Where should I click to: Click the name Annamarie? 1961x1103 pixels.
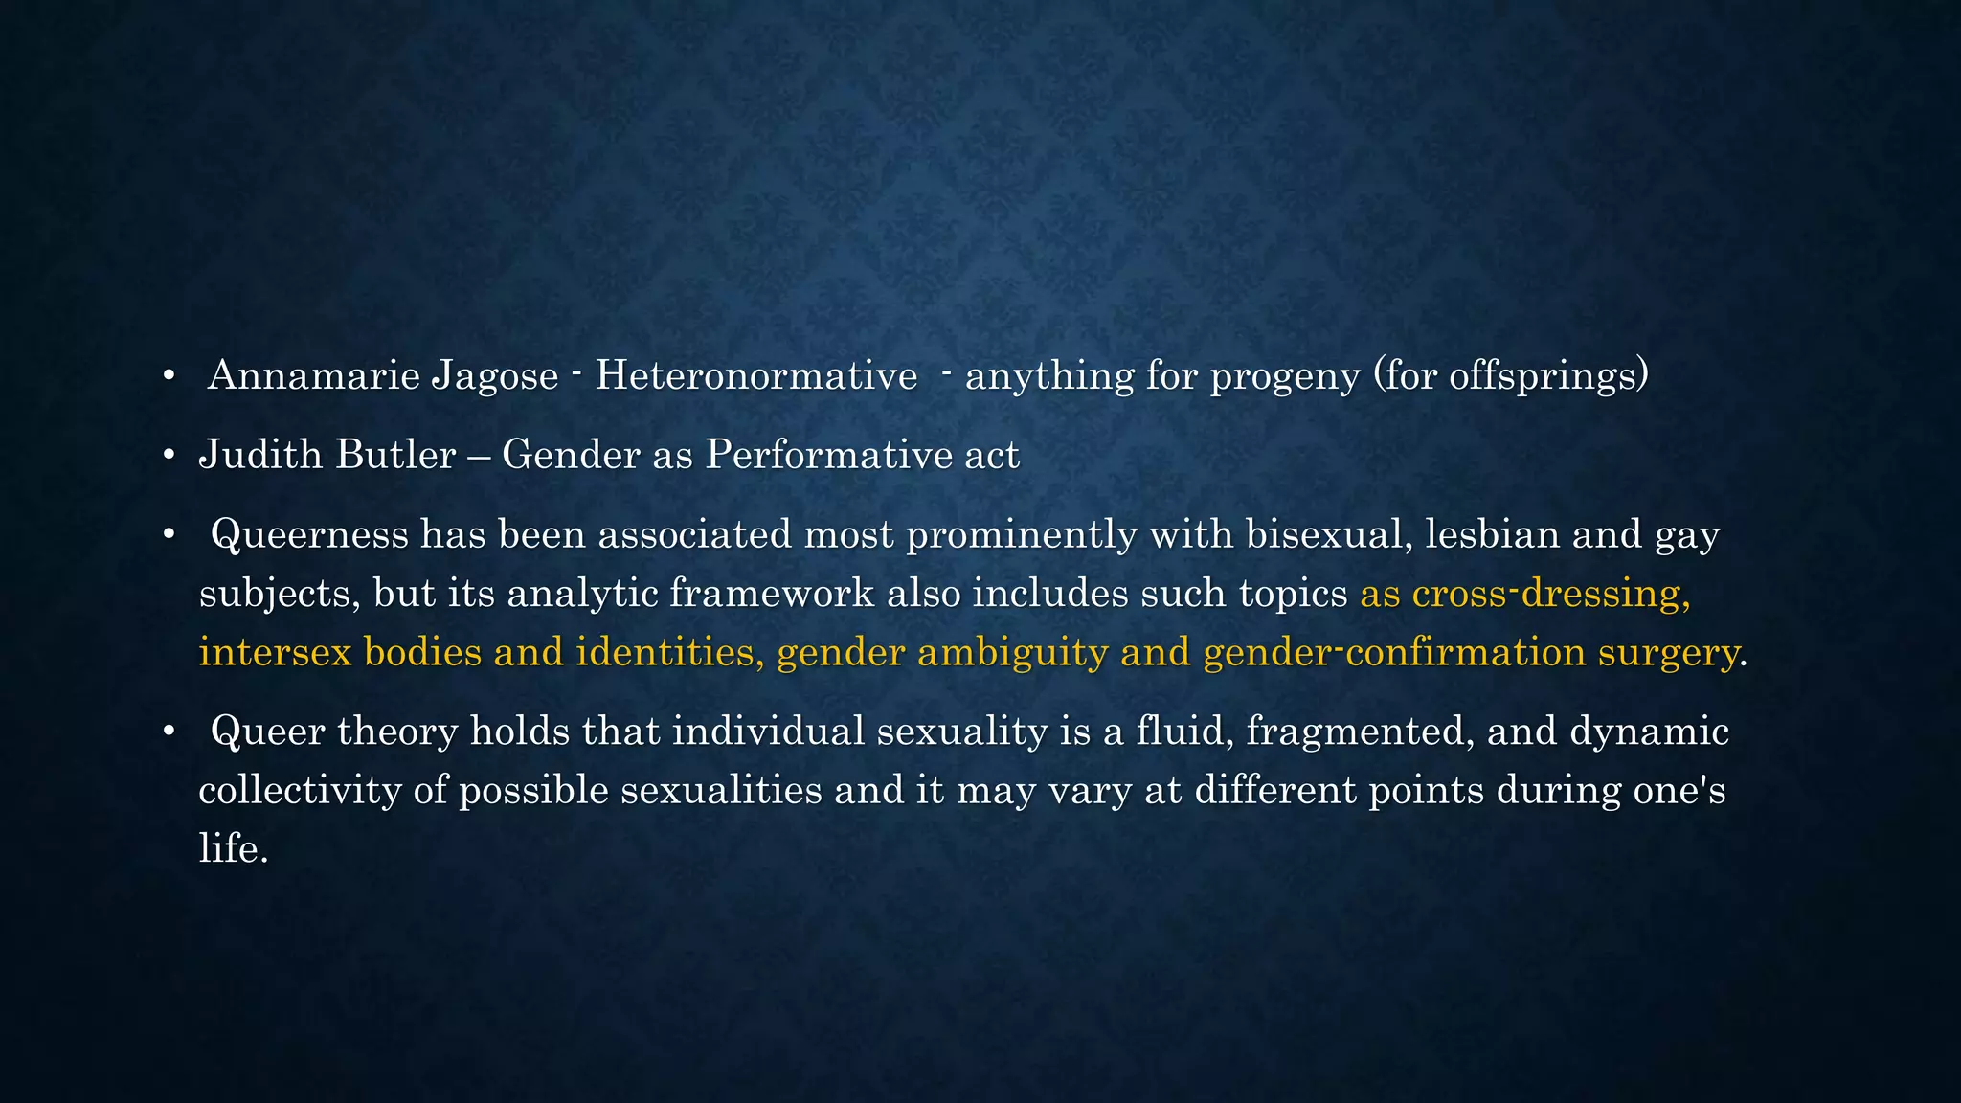[313, 375]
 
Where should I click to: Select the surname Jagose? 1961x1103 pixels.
[494, 375]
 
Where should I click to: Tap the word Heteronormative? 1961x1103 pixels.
[756, 375]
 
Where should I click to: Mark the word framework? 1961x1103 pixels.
[771, 594]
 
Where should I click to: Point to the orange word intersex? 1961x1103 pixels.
[275, 653]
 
